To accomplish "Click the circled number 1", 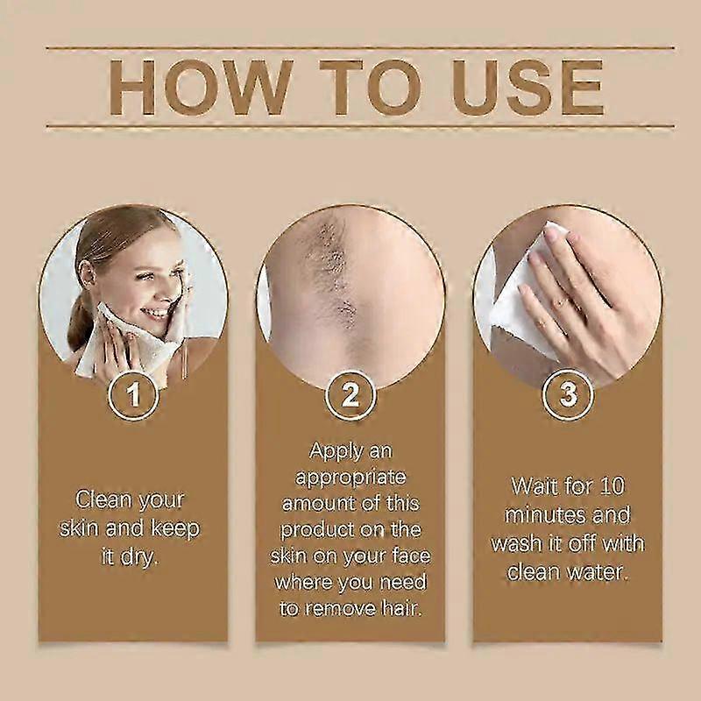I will point(133,395).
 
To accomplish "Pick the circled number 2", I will point(350,395).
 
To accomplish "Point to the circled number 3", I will point(568,395).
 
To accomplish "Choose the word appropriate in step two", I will point(350,478).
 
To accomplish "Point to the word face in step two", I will point(411,556).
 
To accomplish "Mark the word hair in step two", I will point(402,608).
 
